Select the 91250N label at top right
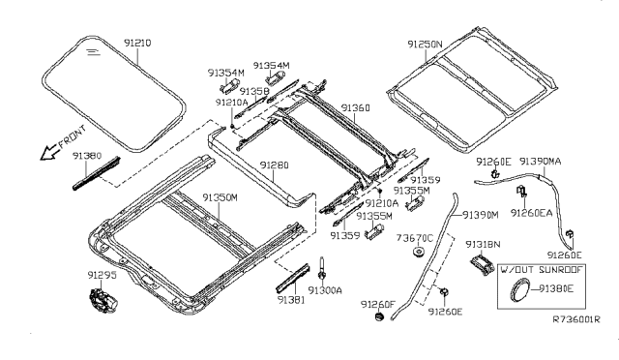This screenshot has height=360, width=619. (426, 44)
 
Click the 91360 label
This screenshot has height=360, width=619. (356, 107)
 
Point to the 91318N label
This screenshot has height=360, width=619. (483, 244)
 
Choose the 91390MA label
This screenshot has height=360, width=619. (542, 161)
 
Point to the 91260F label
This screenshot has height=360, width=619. (378, 305)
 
